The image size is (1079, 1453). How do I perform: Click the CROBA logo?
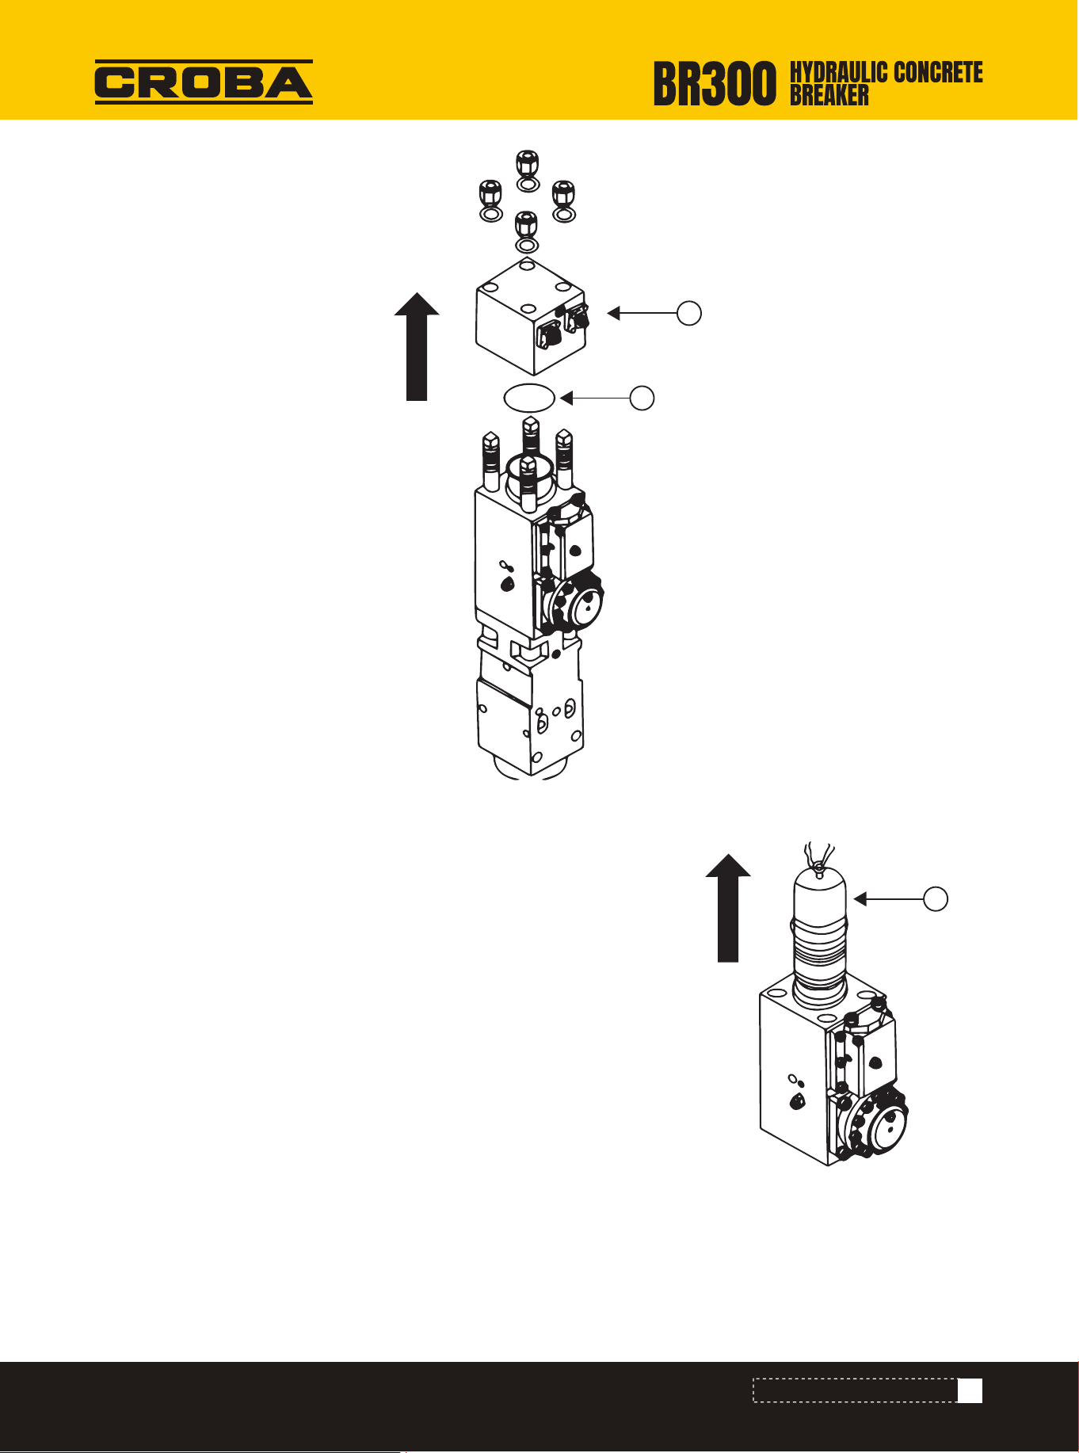point(204,82)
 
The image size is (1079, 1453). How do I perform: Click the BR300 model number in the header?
point(715,85)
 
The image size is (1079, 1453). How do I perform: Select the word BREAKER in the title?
point(829,95)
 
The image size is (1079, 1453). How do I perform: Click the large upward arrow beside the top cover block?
point(417,346)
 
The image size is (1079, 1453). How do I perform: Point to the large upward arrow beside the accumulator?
point(728,908)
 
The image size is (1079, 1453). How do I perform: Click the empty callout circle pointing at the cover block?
point(689,313)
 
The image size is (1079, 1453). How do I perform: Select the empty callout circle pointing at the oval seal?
point(642,398)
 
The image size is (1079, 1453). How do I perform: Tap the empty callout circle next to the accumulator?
point(936,898)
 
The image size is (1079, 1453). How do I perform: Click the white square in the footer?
point(970,1391)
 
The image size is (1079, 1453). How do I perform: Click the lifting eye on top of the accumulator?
point(818,867)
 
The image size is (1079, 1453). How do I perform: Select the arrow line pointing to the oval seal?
point(595,398)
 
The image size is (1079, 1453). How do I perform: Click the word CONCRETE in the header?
point(938,72)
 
